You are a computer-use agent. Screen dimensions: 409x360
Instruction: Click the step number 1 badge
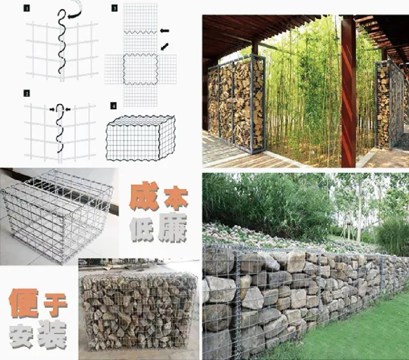point(26,9)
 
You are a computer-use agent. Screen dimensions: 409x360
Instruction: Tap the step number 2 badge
point(26,94)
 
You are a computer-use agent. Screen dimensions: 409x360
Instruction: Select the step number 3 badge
point(115,9)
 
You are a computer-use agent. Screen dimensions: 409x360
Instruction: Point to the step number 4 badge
point(113,106)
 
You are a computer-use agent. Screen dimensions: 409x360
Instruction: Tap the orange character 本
point(176,198)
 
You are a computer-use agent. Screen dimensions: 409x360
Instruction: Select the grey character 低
point(141,228)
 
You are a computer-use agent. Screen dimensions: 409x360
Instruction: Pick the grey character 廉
point(172,228)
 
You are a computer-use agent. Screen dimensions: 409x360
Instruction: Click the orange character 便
point(24,302)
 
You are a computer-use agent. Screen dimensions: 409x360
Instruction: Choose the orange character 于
point(56,305)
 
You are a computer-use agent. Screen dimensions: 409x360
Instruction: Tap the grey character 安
point(22,336)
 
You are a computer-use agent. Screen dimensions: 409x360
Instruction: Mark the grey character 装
point(52,334)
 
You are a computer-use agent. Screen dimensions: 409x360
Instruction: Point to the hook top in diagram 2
point(60,105)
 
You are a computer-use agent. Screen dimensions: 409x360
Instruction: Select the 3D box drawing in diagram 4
point(140,138)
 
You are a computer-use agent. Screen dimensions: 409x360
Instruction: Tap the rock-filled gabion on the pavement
point(139,312)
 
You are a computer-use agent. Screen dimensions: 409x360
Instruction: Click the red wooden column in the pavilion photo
point(349,91)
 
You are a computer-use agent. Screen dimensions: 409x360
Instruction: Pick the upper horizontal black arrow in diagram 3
point(164,31)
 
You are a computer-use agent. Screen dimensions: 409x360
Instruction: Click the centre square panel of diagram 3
point(140,69)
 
